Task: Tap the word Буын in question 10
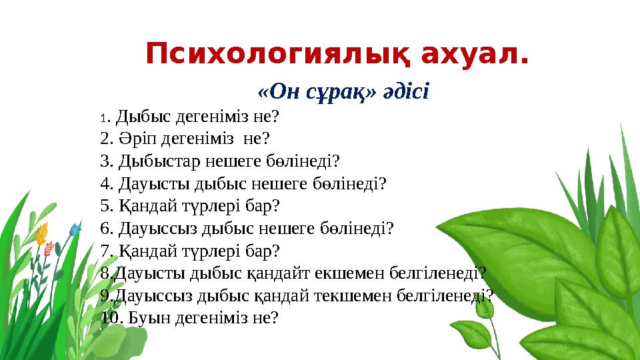(x=148, y=317)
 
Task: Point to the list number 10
(x=110, y=317)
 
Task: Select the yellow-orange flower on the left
(x=42, y=233)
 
